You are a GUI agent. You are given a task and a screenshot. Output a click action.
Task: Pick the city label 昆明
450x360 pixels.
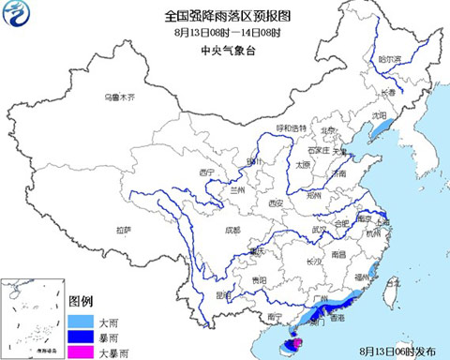tap(220, 292)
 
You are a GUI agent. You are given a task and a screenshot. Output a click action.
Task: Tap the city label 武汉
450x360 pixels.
tap(320, 228)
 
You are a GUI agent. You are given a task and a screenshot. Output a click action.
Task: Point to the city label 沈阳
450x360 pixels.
tap(378, 115)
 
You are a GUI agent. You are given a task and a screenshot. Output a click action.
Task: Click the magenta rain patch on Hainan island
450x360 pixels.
tap(298, 344)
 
